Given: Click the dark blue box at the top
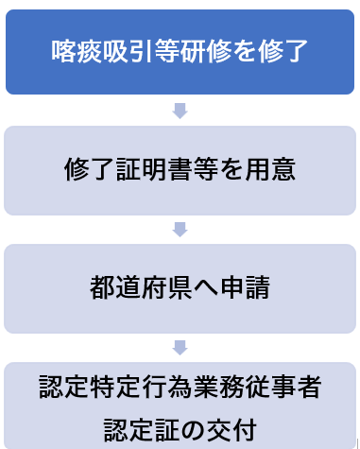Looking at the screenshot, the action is pos(180,52).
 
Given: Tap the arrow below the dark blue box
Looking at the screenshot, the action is pos(180,111).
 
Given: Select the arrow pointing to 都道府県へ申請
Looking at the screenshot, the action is pos(180,230).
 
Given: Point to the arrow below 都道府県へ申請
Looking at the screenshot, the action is pos(180,348).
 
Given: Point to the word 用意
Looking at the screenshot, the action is pos(270,169).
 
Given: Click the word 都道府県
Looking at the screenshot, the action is pos(141,287).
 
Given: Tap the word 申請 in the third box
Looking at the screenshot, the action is pos(245,287).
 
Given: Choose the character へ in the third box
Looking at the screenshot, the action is pos(206,288).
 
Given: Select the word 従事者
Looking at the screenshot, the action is pos(283,387).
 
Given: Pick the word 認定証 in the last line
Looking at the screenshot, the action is pos(142,430).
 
